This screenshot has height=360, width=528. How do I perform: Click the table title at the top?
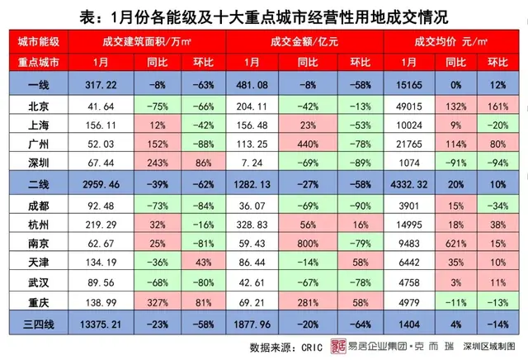263,16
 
